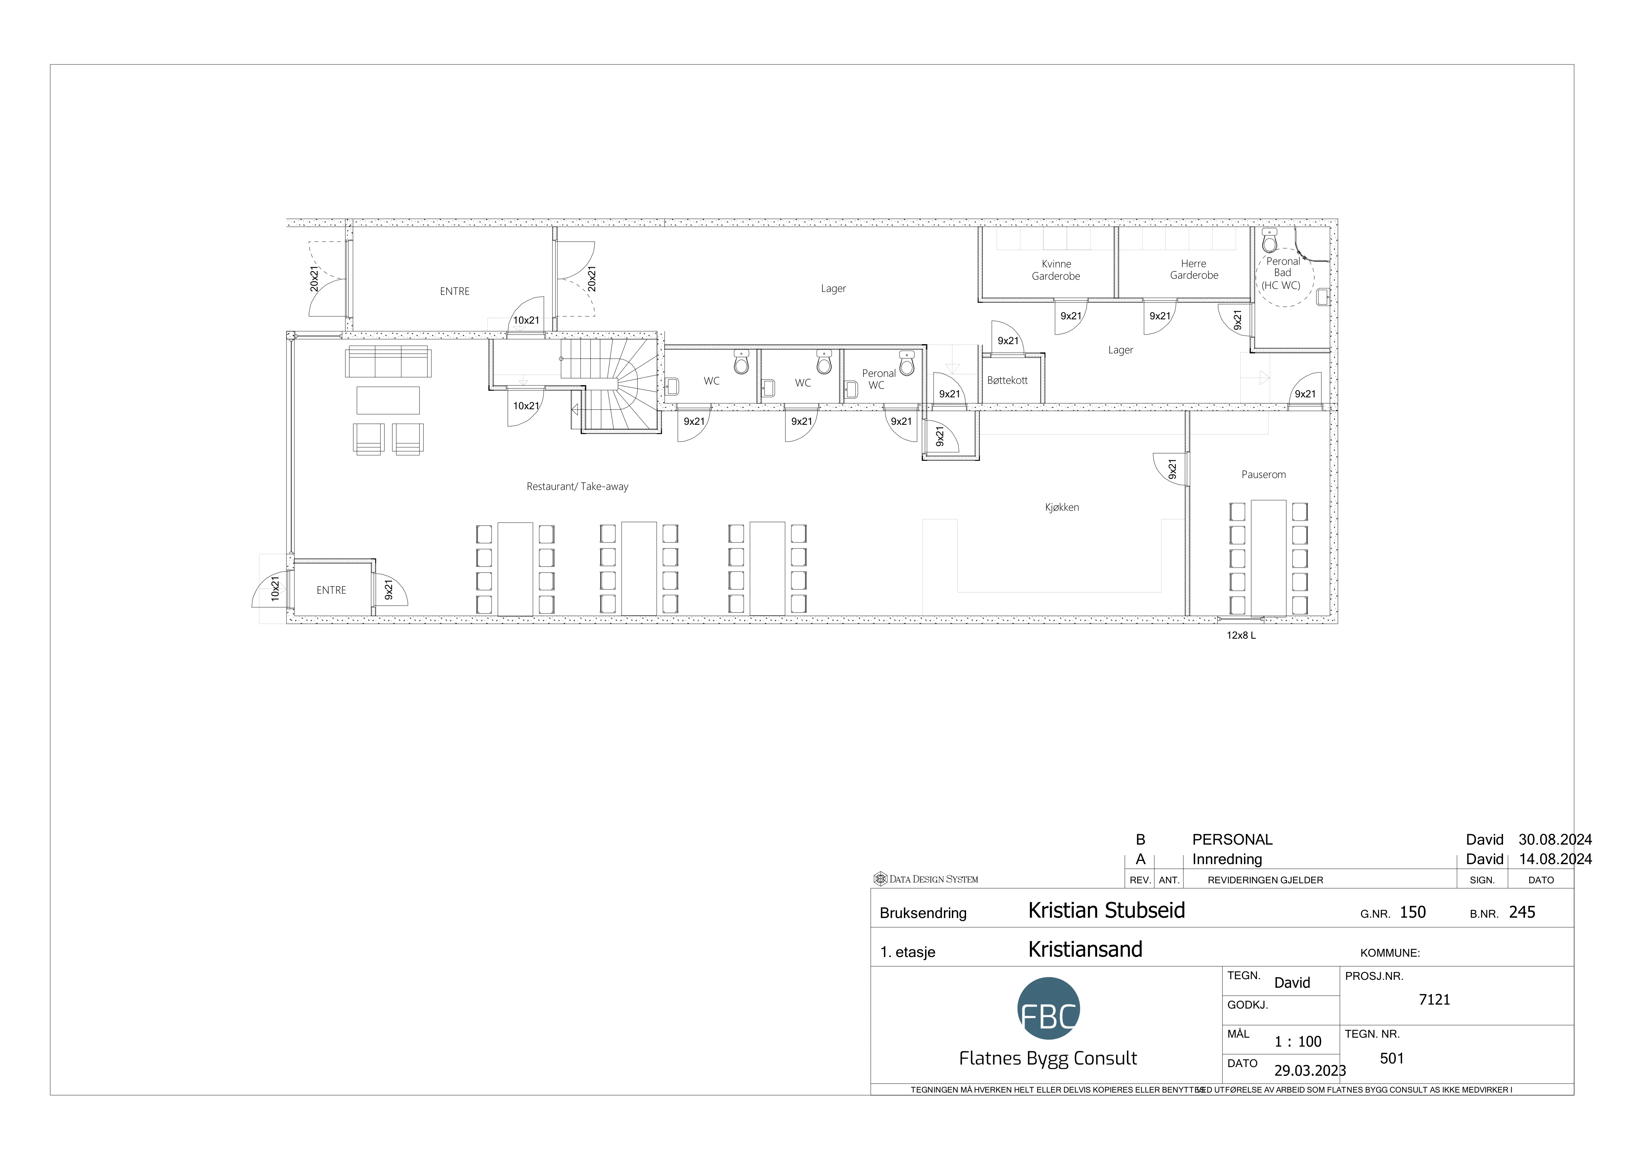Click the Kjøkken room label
[x=1062, y=507]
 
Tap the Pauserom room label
[x=1264, y=475]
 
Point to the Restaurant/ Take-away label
[x=577, y=487]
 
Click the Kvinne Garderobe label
[x=1056, y=270]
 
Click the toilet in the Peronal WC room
[x=907, y=364]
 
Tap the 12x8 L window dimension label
[x=1242, y=635]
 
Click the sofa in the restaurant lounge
[x=388, y=362]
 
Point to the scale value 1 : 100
[x=1298, y=1042]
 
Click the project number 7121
[x=1435, y=1000]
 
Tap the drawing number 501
[x=1392, y=1059]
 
